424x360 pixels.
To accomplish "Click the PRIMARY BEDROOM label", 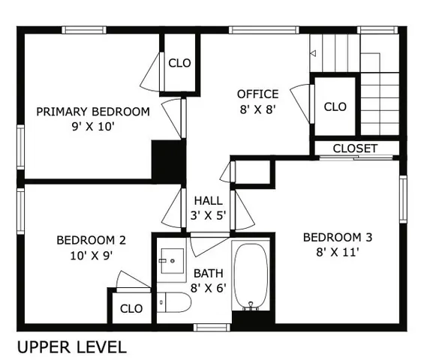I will [x=93, y=112].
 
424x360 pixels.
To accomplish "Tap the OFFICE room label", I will [x=257, y=94].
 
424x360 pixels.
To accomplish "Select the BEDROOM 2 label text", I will [x=91, y=241].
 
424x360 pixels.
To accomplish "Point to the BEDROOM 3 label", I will [x=337, y=238].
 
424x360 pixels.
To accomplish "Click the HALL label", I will [x=208, y=201].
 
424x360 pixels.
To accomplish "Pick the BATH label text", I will [x=209, y=273].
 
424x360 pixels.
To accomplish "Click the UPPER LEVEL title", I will [x=71, y=347].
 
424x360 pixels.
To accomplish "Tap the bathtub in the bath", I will [x=251, y=276].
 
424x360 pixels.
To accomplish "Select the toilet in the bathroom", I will [x=174, y=302].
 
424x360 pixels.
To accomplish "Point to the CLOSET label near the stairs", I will [x=355, y=148].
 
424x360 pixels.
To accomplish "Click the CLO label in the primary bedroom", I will [x=179, y=63].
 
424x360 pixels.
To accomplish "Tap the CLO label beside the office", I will [x=335, y=106].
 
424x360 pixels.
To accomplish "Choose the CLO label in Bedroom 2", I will [x=131, y=308].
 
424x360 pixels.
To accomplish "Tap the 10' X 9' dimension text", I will [x=91, y=255].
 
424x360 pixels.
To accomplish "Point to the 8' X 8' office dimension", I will [x=257, y=109].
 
